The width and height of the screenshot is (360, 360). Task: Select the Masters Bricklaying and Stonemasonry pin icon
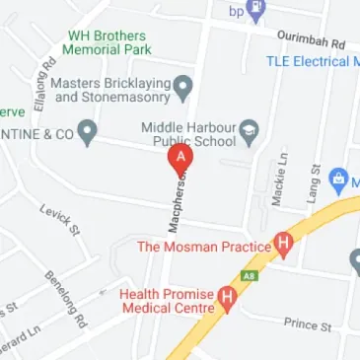coord(183,90)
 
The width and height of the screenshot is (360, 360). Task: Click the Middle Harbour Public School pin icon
coord(249,130)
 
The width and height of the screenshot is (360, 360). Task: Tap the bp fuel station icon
coord(257,12)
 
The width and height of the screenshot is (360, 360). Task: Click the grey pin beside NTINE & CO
coord(88,129)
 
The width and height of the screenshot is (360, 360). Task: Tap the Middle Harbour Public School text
coord(189,133)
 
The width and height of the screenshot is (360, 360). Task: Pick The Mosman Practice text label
coord(203,246)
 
